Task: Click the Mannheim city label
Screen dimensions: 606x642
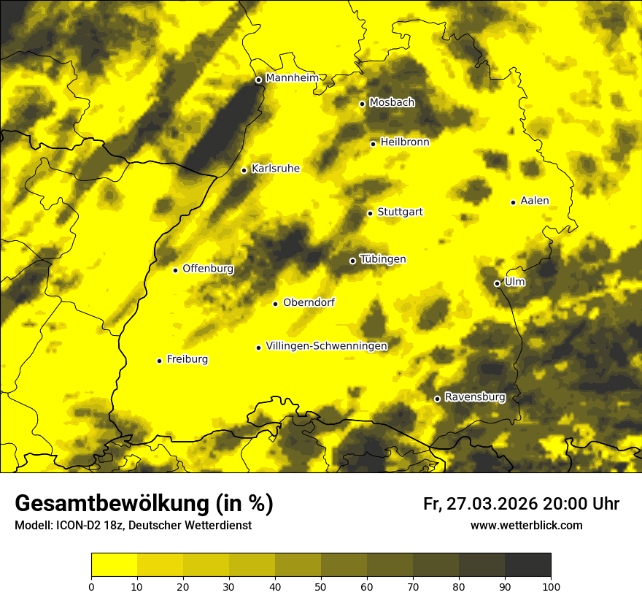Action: tap(292, 78)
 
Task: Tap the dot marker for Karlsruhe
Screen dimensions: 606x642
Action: tap(244, 170)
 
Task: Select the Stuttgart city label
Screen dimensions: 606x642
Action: tap(400, 212)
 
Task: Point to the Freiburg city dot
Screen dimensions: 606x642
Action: tap(159, 360)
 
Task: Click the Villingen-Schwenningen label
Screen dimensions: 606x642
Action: tap(326, 346)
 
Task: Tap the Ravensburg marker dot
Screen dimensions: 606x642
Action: tap(437, 399)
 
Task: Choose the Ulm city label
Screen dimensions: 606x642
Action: tap(514, 281)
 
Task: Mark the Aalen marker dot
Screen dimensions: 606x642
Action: tap(513, 202)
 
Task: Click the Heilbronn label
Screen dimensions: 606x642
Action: tap(405, 142)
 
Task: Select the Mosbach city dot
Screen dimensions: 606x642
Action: tap(362, 104)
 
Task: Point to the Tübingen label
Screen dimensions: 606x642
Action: tap(383, 259)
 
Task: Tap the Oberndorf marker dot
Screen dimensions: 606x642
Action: tap(275, 304)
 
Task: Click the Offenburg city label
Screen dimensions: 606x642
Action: tap(208, 269)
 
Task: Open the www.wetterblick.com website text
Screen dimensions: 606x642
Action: tap(526, 525)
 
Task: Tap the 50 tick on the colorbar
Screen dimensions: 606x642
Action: tap(321, 586)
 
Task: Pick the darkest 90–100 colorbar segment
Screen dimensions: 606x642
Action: tap(527, 565)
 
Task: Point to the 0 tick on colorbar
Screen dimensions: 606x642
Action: tap(91, 586)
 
